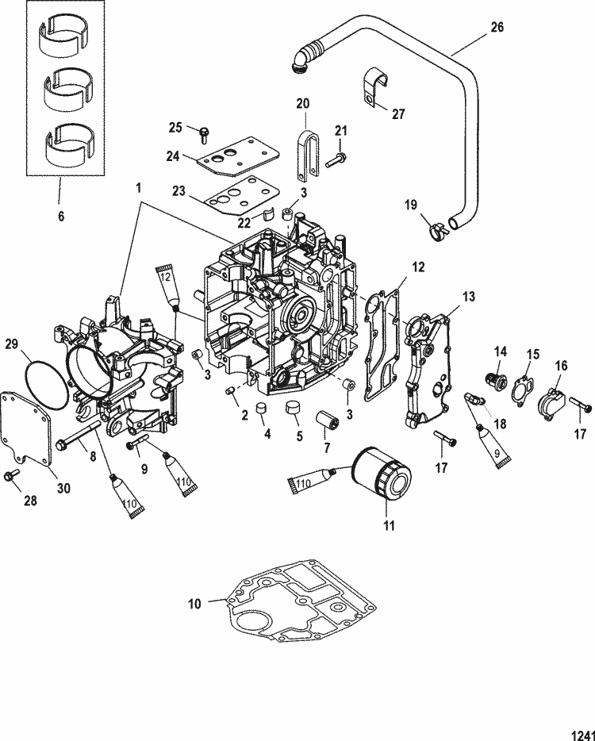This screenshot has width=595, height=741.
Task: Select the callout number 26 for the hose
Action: click(497, 27)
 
